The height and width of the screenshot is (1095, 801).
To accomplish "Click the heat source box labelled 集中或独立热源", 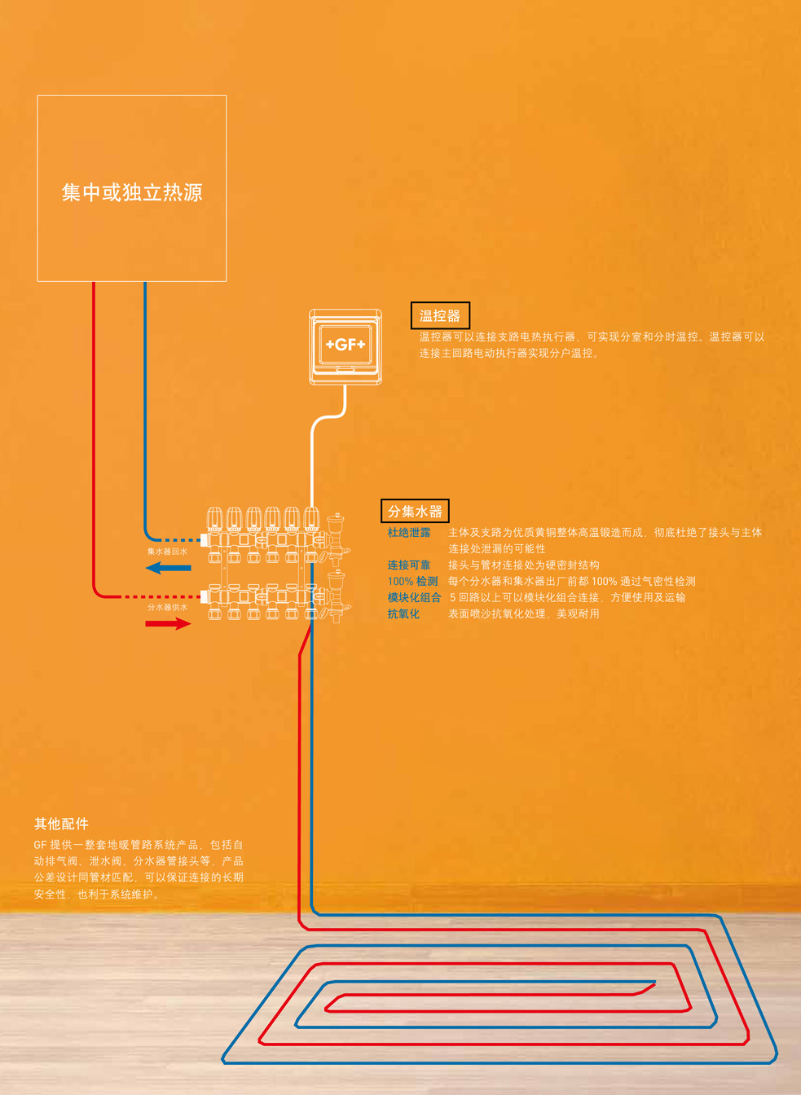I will (132, 188).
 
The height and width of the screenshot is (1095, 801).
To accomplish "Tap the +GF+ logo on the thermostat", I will (345, 345).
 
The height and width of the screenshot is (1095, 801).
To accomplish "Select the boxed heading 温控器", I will (440, 316).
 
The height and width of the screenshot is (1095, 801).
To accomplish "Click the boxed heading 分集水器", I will (415, 512).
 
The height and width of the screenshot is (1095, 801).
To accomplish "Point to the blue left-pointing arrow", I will (169, 567).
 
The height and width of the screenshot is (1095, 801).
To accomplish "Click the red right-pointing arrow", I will (168, 624).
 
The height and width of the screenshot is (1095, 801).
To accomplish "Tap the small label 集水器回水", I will (167, 552).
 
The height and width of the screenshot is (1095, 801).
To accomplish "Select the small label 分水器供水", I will (167, 607).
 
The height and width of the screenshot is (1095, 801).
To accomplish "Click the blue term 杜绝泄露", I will (409, 533).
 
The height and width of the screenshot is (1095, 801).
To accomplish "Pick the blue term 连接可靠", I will (409, 565).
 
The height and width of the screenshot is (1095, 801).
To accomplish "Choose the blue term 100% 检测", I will (412, 581).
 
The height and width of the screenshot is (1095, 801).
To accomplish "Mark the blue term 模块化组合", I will (414, 597).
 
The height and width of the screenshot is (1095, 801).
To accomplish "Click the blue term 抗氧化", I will (403, 613).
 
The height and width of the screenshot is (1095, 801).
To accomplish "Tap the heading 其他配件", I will (61, 824).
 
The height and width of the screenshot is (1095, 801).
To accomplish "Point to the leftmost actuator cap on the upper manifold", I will (214, 518).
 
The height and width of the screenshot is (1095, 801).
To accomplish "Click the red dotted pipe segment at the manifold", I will (163, 597).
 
